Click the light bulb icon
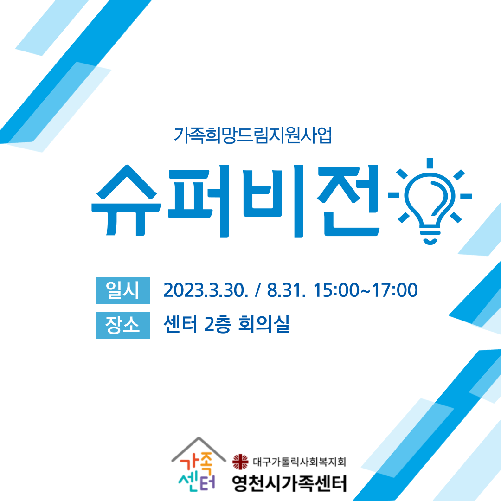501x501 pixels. [x=430, y=201]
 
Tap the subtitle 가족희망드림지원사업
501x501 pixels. [x=253, y=135]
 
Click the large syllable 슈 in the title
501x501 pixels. [x=126, y=200]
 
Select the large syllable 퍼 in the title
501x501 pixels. [x=199, y=201]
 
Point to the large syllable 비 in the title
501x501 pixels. [x=273, y=201]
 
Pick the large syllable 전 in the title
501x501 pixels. [x=348, y=200]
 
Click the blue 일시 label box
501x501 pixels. [x=123, y=290]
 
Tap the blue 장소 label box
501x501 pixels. [x=123, y=325]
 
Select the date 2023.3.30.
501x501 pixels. [x=206, y=290]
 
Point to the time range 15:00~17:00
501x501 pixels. [x=366, y=290]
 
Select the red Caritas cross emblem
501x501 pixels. [x=240, y=462]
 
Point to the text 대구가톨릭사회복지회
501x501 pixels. [x=299, y=462]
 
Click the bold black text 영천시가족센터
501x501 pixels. [x=289, y=483]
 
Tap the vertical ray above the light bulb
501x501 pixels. [x=430, y=163]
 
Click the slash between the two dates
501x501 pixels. [x=257, y=290]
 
